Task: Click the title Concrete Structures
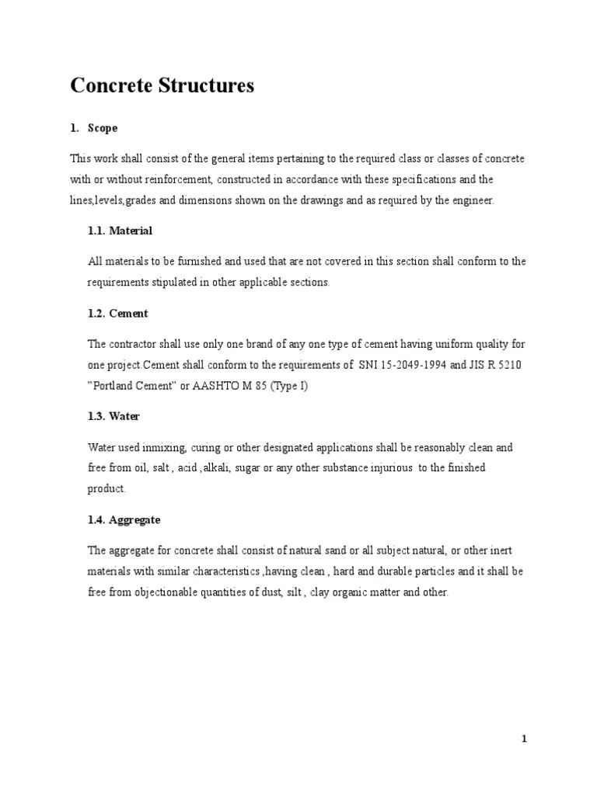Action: point(162,86)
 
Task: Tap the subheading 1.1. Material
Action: point(120,231)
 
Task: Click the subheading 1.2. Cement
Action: point(117,314)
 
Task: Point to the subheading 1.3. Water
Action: point(113,416)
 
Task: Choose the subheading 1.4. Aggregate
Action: point(124,519)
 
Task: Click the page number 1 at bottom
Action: point(525,738)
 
